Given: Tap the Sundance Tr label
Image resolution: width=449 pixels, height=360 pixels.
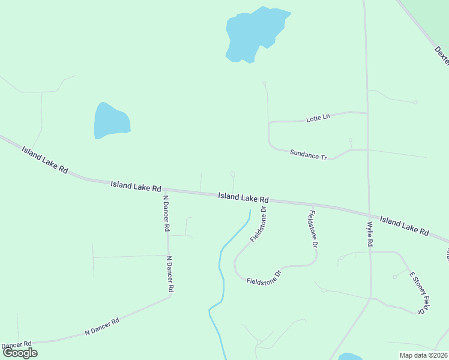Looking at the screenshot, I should [308, 155].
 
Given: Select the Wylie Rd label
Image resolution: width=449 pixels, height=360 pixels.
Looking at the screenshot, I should [370, 235].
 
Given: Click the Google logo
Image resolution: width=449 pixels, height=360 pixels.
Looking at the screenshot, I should [19, 353].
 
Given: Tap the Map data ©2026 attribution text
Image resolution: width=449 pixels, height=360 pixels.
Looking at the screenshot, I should [424, 355].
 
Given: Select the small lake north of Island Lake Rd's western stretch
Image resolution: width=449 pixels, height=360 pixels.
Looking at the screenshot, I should [110, 121].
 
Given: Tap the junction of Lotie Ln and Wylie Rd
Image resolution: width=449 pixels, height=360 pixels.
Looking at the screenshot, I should [367, 113].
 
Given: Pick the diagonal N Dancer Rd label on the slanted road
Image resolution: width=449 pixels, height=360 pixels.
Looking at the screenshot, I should [102, 326].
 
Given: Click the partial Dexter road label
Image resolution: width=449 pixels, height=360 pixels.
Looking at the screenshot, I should [441, 56].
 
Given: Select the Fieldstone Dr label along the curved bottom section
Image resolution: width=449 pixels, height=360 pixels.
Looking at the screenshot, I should [264, 278].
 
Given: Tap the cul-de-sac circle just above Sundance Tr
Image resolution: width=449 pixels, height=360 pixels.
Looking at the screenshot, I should [351, 140].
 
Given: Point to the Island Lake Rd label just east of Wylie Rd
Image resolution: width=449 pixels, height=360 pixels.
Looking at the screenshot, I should [404, 226].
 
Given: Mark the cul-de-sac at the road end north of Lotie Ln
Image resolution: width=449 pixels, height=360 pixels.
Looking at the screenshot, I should [264, 83].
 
